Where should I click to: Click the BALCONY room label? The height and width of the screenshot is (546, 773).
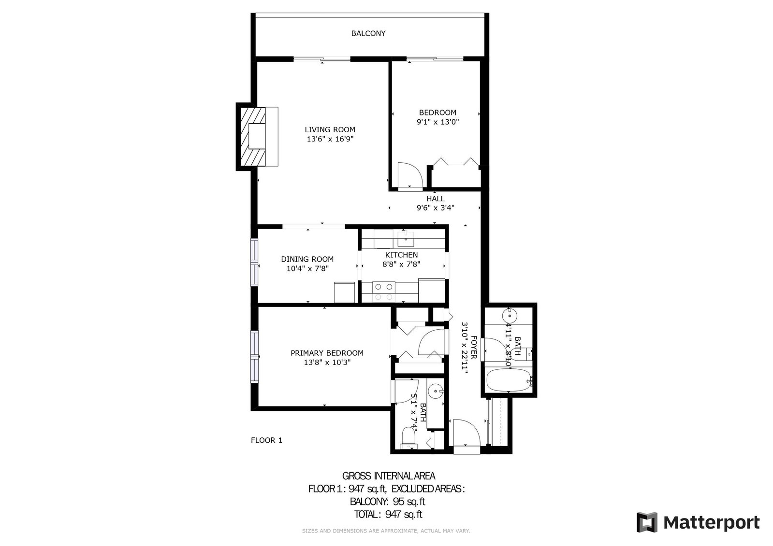(368, 33)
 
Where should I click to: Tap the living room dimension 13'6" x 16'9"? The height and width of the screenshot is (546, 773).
(330, 139)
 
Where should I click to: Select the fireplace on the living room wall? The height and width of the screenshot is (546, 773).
(257, 137)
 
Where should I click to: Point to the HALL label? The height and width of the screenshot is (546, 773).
(436, 198)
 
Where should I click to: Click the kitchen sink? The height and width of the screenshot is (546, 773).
(406, 239)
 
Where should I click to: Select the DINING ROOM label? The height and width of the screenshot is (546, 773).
(307, 259)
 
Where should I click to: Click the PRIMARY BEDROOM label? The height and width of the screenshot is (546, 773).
(327, 353)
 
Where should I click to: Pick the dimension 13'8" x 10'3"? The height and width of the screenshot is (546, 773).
(327, 362)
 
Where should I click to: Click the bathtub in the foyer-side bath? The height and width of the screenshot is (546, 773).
(509, 380)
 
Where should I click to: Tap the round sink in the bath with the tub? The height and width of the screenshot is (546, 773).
(510, 315)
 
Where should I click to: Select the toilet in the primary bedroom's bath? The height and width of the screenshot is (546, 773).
(409, 438)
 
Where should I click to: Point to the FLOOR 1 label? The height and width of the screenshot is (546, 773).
(266, 440)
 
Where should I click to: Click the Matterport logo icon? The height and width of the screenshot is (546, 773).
(647, 522)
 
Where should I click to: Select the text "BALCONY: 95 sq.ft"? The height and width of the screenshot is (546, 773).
(388, 501)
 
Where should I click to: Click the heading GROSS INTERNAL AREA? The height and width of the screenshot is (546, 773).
(389, 476)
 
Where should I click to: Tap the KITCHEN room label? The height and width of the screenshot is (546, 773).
(401, 255)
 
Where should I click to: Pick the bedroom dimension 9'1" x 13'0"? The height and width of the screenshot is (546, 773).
(438, 122)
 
